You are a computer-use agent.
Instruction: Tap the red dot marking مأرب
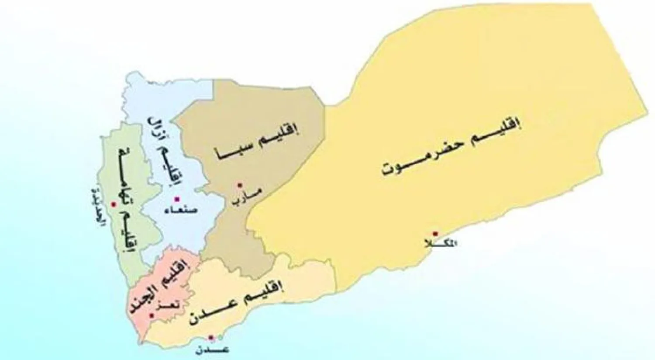click(x=239, y=186)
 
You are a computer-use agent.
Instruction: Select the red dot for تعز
click(x=151, y=315)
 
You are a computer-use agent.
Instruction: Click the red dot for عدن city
click(x=211, y=337)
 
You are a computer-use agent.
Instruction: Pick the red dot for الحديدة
click(x=113, y=204)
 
